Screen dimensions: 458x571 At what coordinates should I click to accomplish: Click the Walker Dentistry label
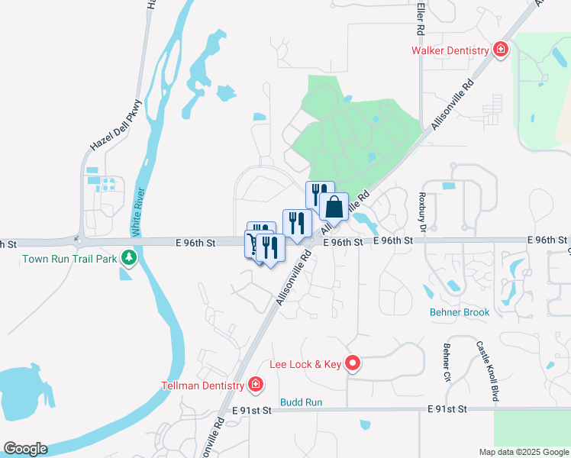[450, 51]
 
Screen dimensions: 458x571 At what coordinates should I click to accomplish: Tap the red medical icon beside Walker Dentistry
[500, 50]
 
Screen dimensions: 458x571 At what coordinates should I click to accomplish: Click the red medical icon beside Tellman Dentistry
[256, 383]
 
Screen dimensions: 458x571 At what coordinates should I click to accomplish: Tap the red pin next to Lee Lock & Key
[352, 364]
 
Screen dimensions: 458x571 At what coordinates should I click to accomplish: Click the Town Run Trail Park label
[69, 259]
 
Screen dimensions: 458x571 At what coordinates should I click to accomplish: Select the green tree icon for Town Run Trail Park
[129, 258]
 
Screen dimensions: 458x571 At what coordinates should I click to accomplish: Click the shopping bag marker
[334, 207]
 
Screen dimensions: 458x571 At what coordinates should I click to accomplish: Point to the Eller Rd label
[421, 18]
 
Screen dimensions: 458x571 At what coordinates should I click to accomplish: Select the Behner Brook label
[460, 312]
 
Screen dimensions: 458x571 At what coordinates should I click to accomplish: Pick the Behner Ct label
[447, 362]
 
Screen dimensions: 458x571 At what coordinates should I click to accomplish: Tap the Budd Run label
[301, 402]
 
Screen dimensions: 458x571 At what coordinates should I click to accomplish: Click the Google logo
[24, 449]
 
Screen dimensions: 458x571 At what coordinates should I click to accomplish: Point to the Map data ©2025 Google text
[523, 452]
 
